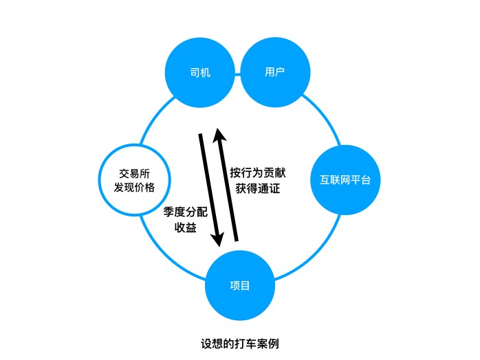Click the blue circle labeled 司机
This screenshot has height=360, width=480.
(200, 72)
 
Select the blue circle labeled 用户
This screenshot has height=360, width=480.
(274, 72)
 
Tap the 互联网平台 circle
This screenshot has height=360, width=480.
(345, 181)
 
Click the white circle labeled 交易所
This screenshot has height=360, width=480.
(135, 180)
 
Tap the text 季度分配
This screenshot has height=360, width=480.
(186, 212)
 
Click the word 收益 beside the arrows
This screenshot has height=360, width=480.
(186, 228)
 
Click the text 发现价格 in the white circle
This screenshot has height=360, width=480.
(135, 188)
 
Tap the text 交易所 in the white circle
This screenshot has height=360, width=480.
(135, 172)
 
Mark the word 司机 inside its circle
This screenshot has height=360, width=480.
(200, 72)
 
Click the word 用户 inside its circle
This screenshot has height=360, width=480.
(274, 72)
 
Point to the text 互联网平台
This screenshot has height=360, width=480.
(345, 181)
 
